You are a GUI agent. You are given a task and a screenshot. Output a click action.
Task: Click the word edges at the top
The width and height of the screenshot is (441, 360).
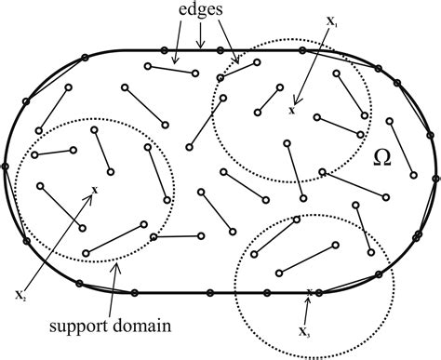(202, 11)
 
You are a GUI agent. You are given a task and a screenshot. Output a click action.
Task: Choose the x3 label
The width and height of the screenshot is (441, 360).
(306, 330)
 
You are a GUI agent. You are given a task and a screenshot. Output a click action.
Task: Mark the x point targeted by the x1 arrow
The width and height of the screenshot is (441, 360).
(293, 110)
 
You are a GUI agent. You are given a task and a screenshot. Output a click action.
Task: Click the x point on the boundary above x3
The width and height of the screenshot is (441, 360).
(310, 292)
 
